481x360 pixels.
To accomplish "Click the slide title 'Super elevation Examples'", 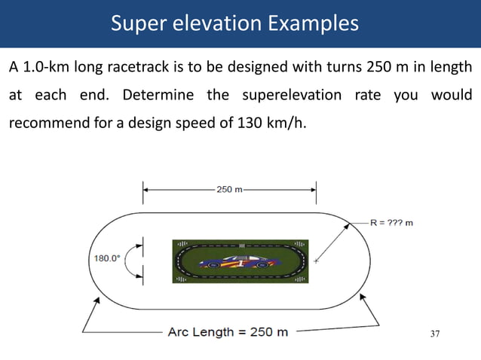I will pos(234,23).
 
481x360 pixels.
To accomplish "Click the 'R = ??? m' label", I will pos(391,223).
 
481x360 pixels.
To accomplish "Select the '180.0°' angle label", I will pos(106,258).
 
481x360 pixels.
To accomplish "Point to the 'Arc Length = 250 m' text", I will pos(227,332).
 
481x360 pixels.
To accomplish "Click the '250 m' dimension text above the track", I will pos(230,190).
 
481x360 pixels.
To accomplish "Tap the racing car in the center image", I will pos(240,262).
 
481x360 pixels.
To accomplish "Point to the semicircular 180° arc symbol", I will pos(130,258).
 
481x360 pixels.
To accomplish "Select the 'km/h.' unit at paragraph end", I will pos(290,123).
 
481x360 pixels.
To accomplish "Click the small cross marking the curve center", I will pos(317,261).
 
